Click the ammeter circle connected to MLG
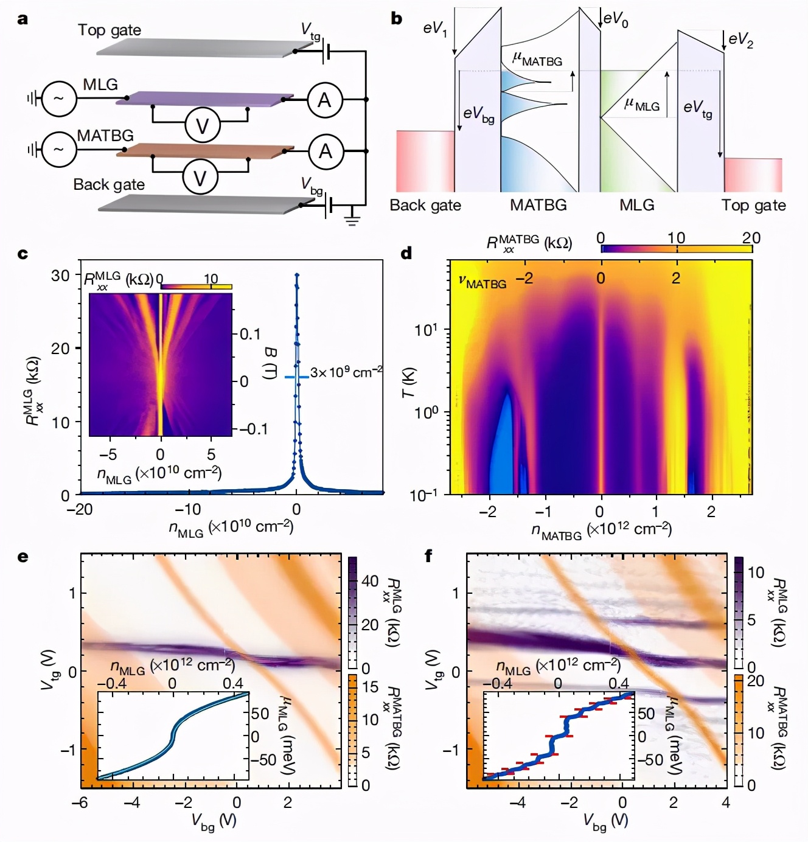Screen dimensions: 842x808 pyautogui.click(x=325, y=99)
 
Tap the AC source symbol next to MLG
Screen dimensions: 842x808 pyautogui.click(x=59, y=99)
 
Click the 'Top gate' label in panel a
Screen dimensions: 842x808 pyautogui.click(x=109, y=30)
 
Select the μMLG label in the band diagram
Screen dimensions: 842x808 pyautogui.click(x=641, y=105)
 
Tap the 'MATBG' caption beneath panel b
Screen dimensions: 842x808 pyautogui.click(x=538, y=205)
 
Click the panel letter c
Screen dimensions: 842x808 pyautogui.click(x=23, y=253)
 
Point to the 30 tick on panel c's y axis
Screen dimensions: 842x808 pyautogui.click(x=60, y=276)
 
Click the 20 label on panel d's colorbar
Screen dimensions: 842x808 pyautogui.click(x=751, y=238)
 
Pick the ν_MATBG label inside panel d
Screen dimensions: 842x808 pyautogui.click(x=482, y=282)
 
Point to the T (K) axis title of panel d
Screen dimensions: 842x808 pyautogui.click(x=408, y=383)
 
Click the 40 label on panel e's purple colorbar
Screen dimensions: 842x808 pyautogui.click(x=370, y=581)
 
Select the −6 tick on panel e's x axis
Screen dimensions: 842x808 pyautogui.click(x=80, y=803)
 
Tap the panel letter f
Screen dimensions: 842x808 pyautogui.click(x=428, y=555)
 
